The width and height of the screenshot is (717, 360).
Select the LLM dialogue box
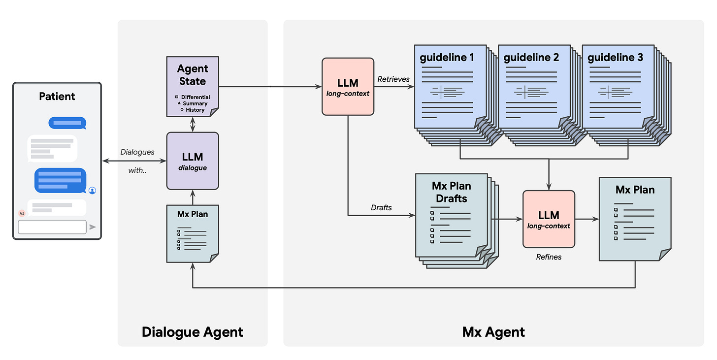193,161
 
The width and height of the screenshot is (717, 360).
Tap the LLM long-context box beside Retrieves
348,86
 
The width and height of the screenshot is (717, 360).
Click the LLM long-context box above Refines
549,219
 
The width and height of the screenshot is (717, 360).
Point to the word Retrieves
393,79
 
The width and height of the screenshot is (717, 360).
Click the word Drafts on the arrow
381,208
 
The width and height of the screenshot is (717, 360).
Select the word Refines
548,257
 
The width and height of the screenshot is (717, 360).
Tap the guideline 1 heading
447,58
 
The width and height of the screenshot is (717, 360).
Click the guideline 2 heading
531,58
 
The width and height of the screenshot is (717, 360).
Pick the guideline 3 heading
615,58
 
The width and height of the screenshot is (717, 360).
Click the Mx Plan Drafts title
451,192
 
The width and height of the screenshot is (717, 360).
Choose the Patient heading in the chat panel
57,96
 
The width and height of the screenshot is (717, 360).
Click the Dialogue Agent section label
192,331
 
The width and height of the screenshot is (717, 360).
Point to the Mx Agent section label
493,331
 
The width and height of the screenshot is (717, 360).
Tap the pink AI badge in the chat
22,213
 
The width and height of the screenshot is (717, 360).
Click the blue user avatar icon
92,190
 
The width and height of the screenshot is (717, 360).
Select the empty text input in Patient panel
52,227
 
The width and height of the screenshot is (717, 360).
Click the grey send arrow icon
93,227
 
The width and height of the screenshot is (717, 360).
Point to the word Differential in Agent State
195,97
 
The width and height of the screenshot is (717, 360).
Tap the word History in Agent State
195,110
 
